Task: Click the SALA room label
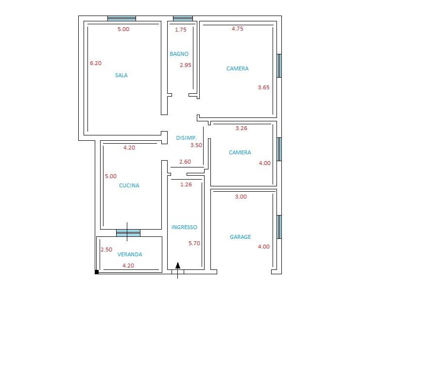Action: pyautogui.click(x=121, y=75)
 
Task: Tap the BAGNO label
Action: pyautogui.click(x=179, y=54)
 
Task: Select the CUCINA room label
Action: pyautogui.click(x=129, y=185)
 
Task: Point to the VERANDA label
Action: pyautogui.click(x=130, y=254)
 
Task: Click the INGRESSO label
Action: pyautogui.click(x=184, y=227)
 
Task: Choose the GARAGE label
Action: pyautogui.click(x=241, y=237)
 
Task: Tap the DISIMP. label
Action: pyautogui.click(x=186, y=138)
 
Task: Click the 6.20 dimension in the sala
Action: pyautogui.click(x=96, y=63)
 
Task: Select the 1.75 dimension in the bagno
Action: pyautogui.click(x=181, y=30)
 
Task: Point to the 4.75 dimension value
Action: pyautogui.click(x=238, y=29)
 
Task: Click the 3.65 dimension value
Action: pyautogui.click(x=264, y=87)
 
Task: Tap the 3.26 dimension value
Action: pyautogui.click(x=241, y=128)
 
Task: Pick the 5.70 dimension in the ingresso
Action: pyautogui.click(x=194, y=243)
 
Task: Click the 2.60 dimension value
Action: pyautogui.click(x=185, y=162)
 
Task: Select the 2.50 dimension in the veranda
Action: pyautogui.click(x=106, y=250)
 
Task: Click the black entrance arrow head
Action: pyautogui.click(x=178, y=266)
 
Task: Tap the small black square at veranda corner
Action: pyautogui.click(x=97, y=272)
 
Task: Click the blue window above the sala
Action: pyautogui.click(x=121, y=18)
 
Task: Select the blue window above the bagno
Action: pyautogui.click(x=183, y=18)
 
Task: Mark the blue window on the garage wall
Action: pyautogui.click(x=279, y=227)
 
